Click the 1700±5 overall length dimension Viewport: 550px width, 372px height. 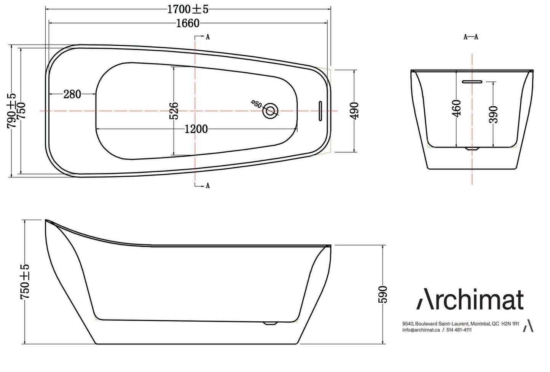click(188, 9)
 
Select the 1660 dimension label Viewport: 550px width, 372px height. click(188, 23)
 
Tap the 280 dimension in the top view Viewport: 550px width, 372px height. click(72, 94)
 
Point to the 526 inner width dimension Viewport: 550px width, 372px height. click(174, 111)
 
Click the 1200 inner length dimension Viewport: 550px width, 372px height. click(196, 129)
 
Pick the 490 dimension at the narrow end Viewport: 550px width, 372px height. click(354, 111)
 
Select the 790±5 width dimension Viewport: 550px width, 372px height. click(11, 110)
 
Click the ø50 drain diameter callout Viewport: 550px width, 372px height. click(257, 104)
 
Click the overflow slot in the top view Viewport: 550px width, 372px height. click(320, 111)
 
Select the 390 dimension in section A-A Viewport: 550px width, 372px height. click(493, 114)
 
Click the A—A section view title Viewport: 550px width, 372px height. click(470, 37)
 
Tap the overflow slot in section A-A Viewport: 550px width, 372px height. click(472, 81)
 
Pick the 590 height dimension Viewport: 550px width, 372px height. click(383, 294)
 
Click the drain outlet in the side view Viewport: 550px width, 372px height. click(270, 323)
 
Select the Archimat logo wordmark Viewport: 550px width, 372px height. click(470, 299)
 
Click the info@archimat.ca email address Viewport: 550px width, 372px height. click(421, 330)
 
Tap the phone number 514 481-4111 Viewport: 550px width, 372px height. click(459, 330)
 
